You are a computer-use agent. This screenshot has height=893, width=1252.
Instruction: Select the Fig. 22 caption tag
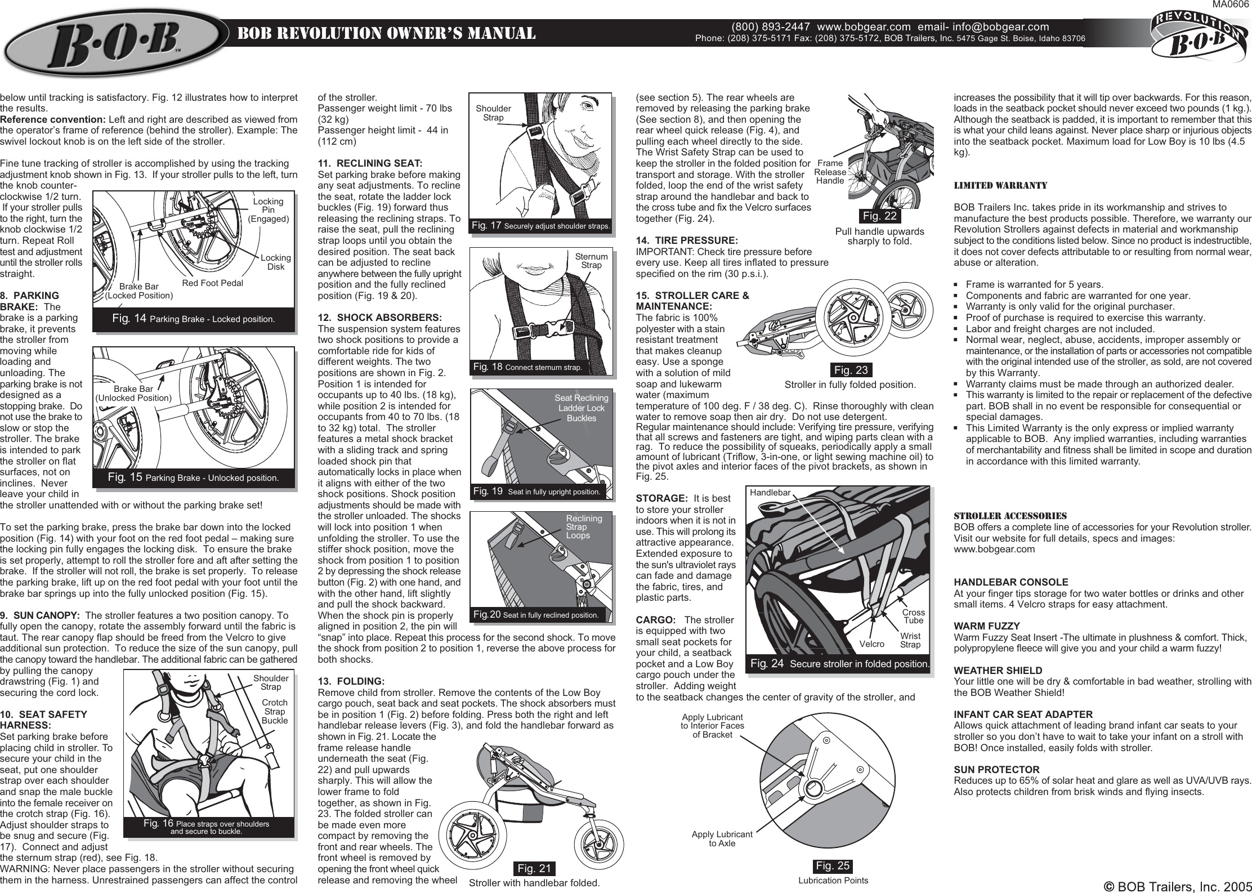pos(880,216)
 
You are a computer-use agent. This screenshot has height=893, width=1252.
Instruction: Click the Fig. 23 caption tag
pos(851,370)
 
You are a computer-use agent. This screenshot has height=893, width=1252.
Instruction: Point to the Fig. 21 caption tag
pos(534,868)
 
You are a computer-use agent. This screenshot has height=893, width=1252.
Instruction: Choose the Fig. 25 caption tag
pos(833,865)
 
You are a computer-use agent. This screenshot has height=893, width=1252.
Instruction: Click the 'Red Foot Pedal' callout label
pos(213,283)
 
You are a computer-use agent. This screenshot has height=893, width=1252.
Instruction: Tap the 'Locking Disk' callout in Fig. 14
pos(276,262)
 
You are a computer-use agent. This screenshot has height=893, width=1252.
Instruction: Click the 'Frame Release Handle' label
pos(830,172)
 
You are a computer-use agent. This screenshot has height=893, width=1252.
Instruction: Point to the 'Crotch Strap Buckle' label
pos(275,711)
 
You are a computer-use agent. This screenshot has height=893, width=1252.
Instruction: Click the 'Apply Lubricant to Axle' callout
pos(722,838)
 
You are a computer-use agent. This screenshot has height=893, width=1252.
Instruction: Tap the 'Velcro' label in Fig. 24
pos(871,644)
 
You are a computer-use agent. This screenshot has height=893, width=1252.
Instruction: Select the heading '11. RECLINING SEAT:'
pos(370,164)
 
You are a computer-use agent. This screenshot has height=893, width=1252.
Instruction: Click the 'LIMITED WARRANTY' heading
pos(1000,185)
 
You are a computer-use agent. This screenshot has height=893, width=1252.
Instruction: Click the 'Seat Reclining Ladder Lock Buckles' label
pos(581,408)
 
